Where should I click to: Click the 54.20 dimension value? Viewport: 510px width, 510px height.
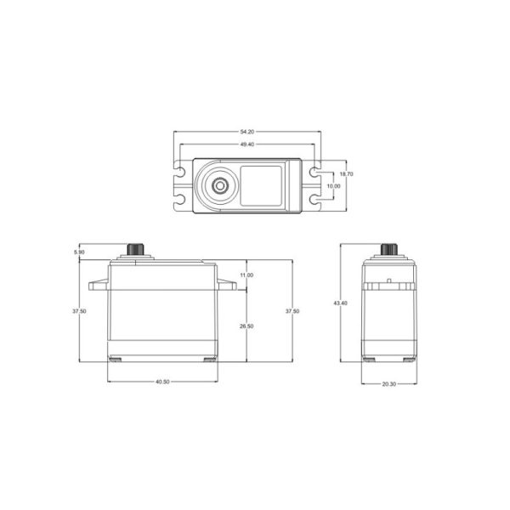tap(246, 132)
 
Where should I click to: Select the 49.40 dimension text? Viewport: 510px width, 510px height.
tap(246, 144)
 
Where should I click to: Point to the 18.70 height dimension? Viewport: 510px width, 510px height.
tap(346, 174)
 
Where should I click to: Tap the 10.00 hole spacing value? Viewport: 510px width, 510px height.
tap(333, 186)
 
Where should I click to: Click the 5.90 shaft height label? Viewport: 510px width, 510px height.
tap(79, 252)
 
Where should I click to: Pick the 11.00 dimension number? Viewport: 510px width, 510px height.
tap(246, 275)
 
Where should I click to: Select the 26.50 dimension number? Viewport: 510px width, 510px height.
tap(246, 326)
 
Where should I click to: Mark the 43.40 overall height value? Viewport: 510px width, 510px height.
tap(340, 303)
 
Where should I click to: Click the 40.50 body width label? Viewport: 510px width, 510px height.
tap(162, 382)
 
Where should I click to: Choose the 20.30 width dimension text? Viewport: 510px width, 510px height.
tap(389, 384)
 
